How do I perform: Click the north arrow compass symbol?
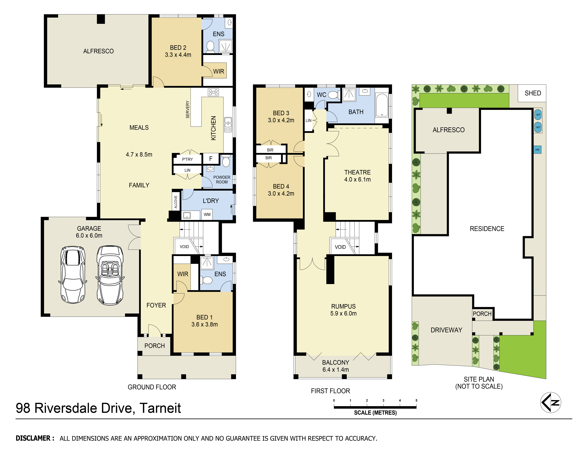click(x=550, y=402)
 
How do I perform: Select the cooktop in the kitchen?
click(x=213, y=92)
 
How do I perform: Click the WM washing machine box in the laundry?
click(x=207, y=214)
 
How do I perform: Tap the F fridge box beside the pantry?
click(x=211, y=159)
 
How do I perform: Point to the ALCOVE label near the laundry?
click(x=176, y=202)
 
